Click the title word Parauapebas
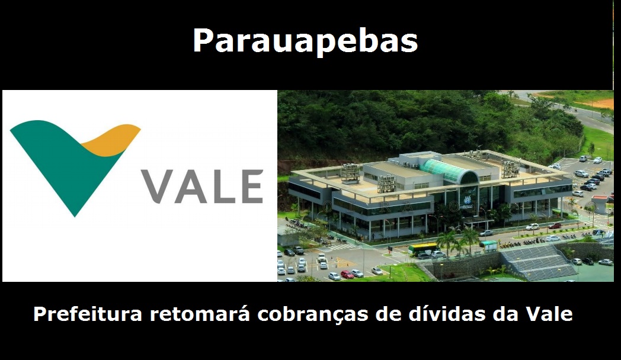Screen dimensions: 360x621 [305, 41]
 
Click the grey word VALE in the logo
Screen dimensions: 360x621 [201, 186]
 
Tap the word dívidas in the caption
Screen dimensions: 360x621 [444, 314]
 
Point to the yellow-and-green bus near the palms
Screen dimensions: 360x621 [422, 249]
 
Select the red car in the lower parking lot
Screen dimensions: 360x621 [347, 274]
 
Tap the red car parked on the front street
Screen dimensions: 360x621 [555, 226]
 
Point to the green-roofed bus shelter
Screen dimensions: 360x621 [489, 245]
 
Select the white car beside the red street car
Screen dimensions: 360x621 [532, 227]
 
